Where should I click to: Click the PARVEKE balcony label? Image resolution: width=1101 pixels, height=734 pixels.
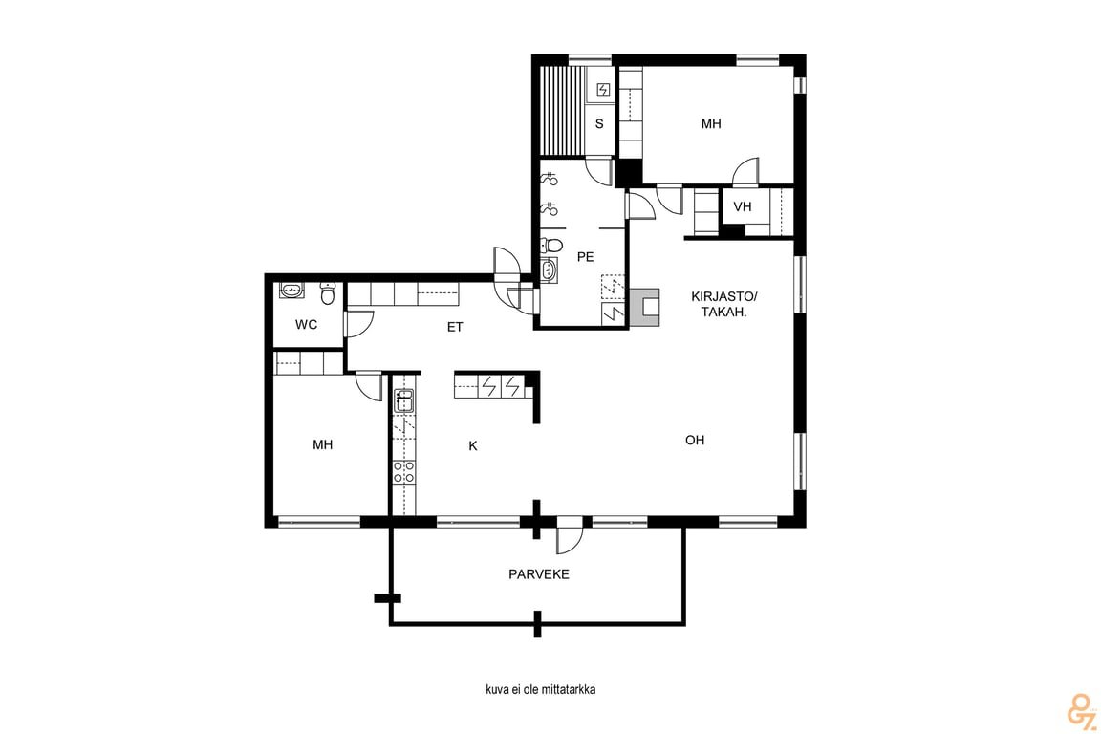539,574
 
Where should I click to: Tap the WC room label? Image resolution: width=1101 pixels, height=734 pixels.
306,325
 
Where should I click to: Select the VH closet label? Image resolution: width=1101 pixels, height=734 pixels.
743,206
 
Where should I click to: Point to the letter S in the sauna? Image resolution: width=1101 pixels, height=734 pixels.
599,124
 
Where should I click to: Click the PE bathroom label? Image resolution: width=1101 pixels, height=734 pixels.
585,257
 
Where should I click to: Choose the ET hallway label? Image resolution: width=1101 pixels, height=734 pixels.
455,327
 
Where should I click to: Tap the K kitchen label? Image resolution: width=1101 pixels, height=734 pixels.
473,446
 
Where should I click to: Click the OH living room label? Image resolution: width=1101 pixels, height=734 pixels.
695,441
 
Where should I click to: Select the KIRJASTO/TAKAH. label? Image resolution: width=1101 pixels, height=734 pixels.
723,304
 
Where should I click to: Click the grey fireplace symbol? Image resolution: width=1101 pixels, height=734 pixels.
645,308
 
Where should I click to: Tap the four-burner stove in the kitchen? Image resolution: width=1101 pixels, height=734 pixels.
403,471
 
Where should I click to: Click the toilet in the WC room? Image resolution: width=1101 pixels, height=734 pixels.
327,293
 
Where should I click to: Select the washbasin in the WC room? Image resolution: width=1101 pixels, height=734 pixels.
291,291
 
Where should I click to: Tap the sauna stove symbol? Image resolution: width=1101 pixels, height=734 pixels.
602,89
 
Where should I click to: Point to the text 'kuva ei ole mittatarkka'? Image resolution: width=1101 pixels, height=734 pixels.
541,690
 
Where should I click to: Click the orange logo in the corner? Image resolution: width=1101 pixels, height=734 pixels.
1080,711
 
